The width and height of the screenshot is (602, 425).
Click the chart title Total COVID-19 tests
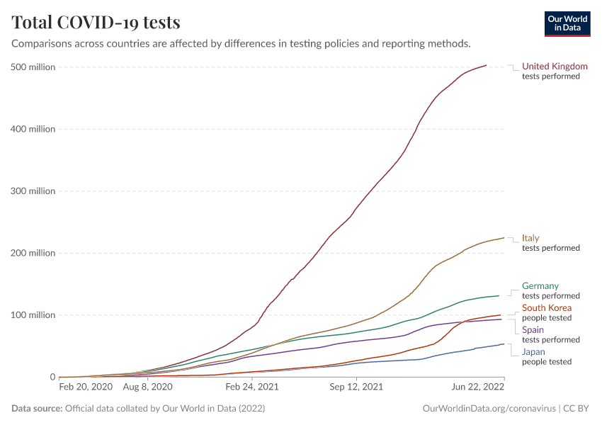point(96,22)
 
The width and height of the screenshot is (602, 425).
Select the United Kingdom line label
point(555,67)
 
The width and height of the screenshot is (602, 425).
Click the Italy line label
point(530,238)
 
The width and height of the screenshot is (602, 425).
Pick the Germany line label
point(540,286)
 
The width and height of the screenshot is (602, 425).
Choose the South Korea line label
point(547,308)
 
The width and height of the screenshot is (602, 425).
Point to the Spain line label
point(533,330)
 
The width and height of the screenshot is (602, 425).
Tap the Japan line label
point(534,352)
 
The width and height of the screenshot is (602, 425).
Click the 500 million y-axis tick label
point(33,67)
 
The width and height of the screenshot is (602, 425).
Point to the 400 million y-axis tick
point(33,129)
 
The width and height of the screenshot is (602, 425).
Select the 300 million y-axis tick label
point(33,191)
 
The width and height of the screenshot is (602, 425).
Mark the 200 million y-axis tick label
point(33,253)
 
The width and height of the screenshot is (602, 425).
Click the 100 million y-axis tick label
point(33,315)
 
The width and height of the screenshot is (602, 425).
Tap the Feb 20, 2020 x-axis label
point(86,387)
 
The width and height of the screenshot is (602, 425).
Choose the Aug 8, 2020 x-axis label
point(148,387)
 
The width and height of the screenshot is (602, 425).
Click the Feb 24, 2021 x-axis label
point(251,387)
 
